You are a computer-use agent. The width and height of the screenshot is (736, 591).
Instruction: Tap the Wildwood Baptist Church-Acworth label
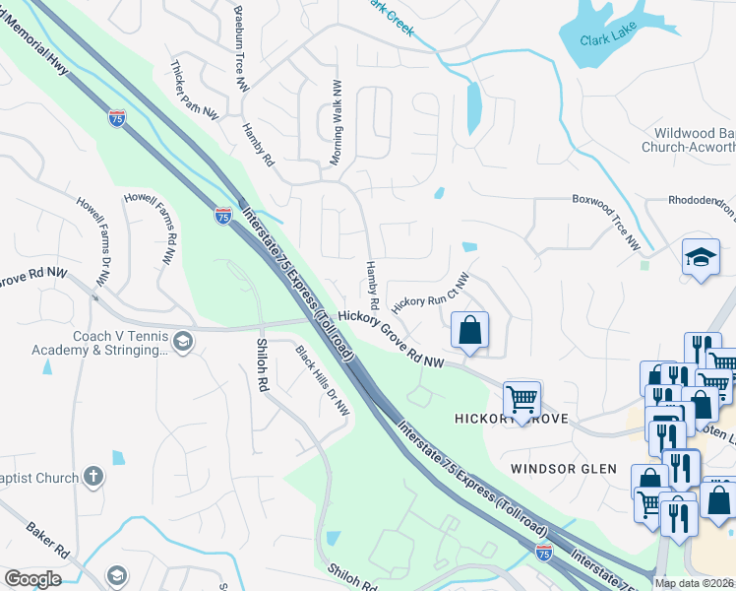688,140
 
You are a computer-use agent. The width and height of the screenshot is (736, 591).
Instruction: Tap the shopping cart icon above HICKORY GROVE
521,399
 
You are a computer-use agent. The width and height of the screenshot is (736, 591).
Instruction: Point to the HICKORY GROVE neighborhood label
511,420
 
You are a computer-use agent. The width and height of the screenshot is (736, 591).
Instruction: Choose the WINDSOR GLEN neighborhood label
564,469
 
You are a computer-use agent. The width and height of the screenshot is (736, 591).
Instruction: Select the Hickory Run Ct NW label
431,292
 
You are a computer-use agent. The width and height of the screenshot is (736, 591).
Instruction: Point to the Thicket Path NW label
194,89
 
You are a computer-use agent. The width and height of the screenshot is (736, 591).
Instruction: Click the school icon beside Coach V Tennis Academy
182,341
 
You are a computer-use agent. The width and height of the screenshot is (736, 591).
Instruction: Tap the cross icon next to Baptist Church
93,478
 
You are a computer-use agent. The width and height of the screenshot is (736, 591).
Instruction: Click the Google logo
32,579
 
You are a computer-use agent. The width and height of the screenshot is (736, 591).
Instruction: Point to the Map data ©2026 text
695,583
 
